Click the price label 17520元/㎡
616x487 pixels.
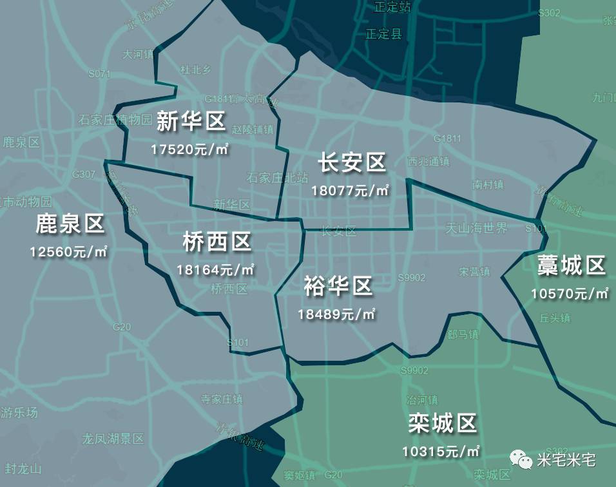coord(191,149)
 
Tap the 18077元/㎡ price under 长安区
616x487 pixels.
coord(351,191)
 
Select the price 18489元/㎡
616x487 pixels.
coord(336,314)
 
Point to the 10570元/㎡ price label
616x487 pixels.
coord(570,294)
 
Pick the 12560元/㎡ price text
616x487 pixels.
coord(68,251)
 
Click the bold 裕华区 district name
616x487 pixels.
coord(338,286)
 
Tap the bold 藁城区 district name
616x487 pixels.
coord(572,265)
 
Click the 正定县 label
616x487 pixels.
coord(383,33)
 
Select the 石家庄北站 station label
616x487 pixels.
coord(278,177)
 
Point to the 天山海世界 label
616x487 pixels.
coord(477,228)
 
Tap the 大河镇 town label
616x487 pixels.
coord(138,54)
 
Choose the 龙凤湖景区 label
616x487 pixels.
coord(113,439)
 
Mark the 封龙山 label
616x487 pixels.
coord(23,468)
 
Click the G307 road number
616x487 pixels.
coord(84,174)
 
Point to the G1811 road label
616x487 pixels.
coord(447,138)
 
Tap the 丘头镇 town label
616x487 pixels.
coord(555,318)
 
